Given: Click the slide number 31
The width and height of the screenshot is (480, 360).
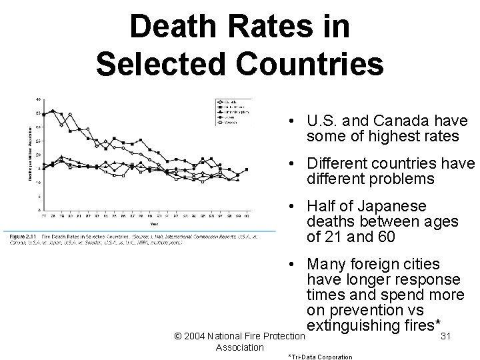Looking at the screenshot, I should (447, 337).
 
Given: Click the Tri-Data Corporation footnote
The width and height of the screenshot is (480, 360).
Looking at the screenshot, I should (319, 357).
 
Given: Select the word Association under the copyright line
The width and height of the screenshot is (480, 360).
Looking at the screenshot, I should (240, 347).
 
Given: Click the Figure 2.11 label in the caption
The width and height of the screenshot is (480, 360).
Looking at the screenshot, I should (24, 237).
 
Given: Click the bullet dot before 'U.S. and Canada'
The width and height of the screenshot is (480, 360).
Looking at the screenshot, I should (293, 121).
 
